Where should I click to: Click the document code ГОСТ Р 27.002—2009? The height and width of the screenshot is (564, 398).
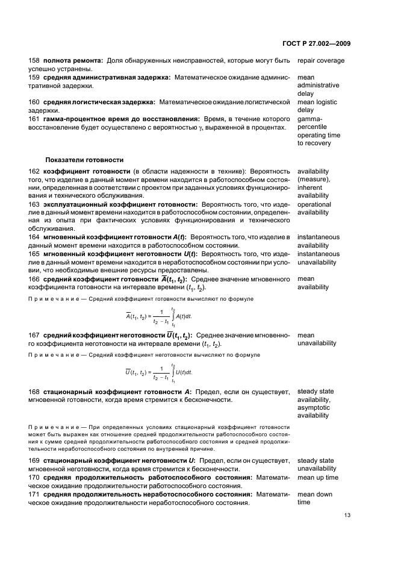[317, 43]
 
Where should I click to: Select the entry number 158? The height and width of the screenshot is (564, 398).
[34, 61]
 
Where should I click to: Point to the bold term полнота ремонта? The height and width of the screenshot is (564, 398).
[72, 61]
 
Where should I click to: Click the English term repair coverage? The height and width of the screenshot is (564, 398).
[321, 61]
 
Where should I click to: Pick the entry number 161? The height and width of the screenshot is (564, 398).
[34, 119]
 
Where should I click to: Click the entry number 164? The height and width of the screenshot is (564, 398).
[34, 237]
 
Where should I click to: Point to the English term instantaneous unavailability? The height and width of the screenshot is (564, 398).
[319, 258]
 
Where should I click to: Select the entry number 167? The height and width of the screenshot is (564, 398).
[34, 335]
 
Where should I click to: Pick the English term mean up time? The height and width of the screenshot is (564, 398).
[318, 478]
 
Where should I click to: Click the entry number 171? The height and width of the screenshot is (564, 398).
[34, 494]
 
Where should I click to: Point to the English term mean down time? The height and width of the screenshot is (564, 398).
[315, 498]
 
